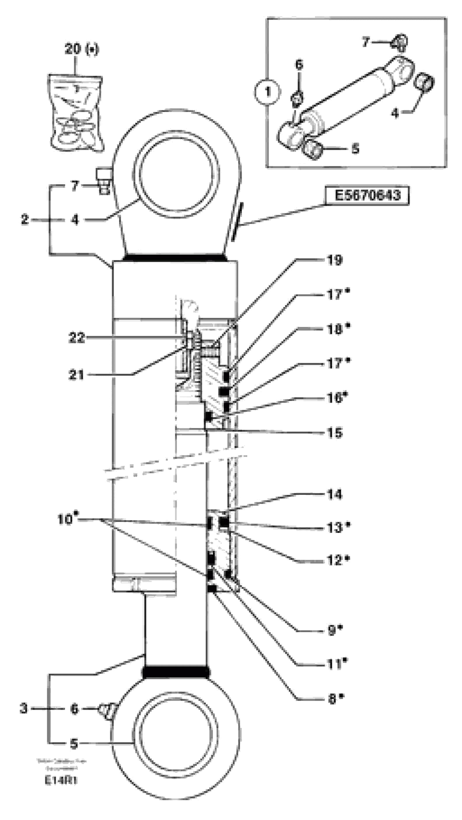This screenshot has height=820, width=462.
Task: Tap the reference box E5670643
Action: tap(367, 195)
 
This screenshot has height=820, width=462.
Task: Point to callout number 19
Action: tap(334, 260)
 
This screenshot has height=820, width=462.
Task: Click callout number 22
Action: tap(76, 338)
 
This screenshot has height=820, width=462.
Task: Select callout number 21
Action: tap(76, 375)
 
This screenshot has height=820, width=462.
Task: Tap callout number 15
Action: tap(334, 433)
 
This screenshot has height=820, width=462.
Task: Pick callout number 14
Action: tap(334, 494)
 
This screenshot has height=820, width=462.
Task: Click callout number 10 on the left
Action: tap(65, 520)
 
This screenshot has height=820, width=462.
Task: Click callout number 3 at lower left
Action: tap(24, 709)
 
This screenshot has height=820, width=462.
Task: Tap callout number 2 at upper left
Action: tap(25, 219)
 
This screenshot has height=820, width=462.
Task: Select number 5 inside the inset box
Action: tap(355, 148)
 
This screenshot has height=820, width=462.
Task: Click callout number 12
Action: tap(334, 560)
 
